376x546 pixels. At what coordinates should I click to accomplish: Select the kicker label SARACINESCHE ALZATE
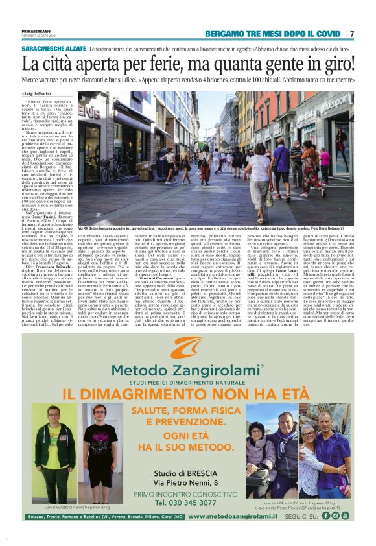click(x=53, y=49)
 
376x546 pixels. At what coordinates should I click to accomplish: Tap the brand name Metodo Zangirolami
click(x=187, y=371)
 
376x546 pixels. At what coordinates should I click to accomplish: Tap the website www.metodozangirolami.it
click(x=238, y=516)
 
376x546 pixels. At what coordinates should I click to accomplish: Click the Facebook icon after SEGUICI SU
click(x=325, y=516)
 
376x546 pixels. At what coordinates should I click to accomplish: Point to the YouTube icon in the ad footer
click(x=345, y=516)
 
